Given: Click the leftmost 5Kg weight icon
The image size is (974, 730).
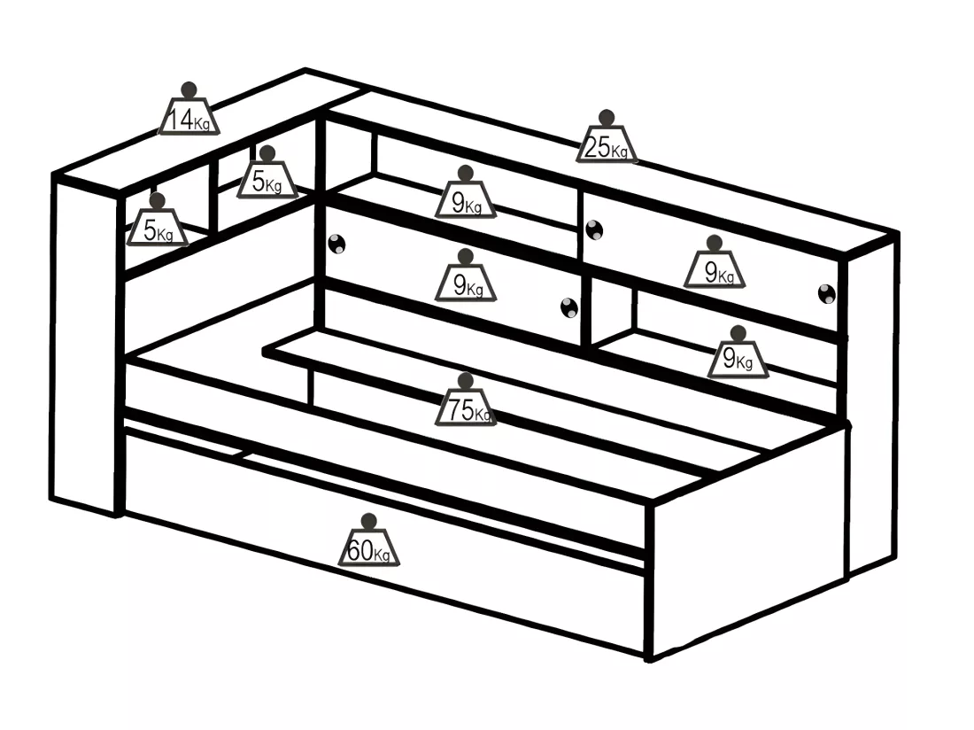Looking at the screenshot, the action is click(x=157, y=220).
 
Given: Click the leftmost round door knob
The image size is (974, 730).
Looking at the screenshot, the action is click(x=336, y=244).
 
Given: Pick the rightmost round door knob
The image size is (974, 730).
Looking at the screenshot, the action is click(x=827, y=294).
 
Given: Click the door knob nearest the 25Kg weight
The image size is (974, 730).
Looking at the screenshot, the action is click(x=594, y=229).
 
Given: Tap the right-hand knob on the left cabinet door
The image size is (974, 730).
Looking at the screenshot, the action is click(x=569, y=308).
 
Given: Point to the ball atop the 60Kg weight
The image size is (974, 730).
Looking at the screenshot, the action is click(x=369, y=521).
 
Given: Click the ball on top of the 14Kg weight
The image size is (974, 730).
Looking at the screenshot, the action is click(x=189, y=90).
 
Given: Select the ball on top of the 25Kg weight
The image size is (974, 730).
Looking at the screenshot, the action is click(x=607, y=118).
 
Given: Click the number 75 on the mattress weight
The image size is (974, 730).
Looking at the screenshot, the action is click(x=460, y=409).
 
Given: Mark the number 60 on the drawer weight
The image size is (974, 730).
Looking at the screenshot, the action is click(x=360, y=550).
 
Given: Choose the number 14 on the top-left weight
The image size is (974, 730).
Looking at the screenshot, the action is click(x=182, y=119).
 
